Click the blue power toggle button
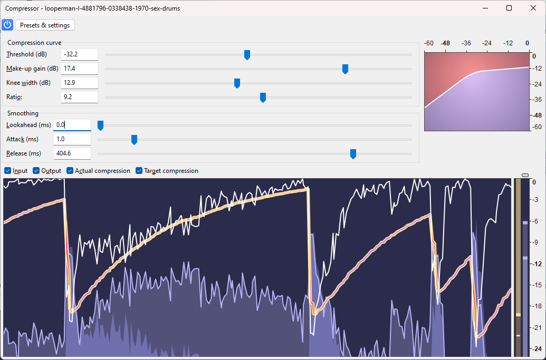coord(7,25)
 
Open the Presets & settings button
coord(45,25)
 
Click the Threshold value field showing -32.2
coord(79,54)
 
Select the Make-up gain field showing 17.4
coord(79,69)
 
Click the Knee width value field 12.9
coord(79,83)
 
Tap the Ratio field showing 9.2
coord(79,97)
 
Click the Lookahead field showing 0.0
coord(72,125)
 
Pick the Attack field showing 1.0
coord(72,139)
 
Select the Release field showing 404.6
coord(72,153)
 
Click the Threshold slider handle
coord(247,55)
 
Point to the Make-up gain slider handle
coord(345,69)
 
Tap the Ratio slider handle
coord(263,98)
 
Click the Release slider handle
coord(353,154)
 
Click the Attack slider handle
coord(134,140)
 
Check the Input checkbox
coord(8,171)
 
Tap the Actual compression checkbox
coord(70,171)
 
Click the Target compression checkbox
coord(139,171)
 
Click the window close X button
coord(533,8)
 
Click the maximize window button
coord(509,8)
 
